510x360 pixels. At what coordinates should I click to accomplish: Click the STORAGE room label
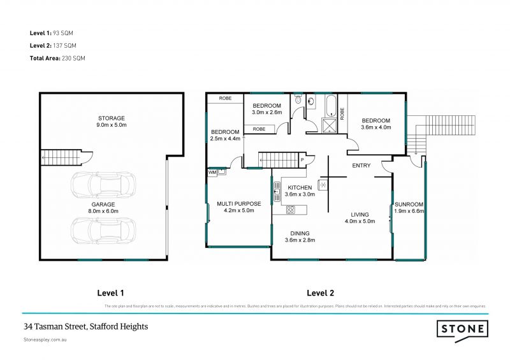point(112,118)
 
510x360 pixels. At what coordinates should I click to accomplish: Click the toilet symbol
point(310,101)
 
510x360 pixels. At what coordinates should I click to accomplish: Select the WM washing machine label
point(212,172)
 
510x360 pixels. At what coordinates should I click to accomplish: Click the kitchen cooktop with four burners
point(323,185)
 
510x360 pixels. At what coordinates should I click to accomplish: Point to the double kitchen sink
point(278,191)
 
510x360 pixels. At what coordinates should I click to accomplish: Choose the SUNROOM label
point(409,205)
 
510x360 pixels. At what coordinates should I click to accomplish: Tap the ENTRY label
point(361,166)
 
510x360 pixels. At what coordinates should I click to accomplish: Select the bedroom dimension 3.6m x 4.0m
point(376,127)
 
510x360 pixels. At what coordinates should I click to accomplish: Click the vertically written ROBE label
point(342,113)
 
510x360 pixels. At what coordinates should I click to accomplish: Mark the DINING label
point(299,233)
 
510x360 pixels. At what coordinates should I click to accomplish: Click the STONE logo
point(462,329)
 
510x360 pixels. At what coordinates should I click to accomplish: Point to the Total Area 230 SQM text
point(57,58)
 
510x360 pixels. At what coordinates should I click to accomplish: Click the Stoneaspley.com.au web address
point(45,340)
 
